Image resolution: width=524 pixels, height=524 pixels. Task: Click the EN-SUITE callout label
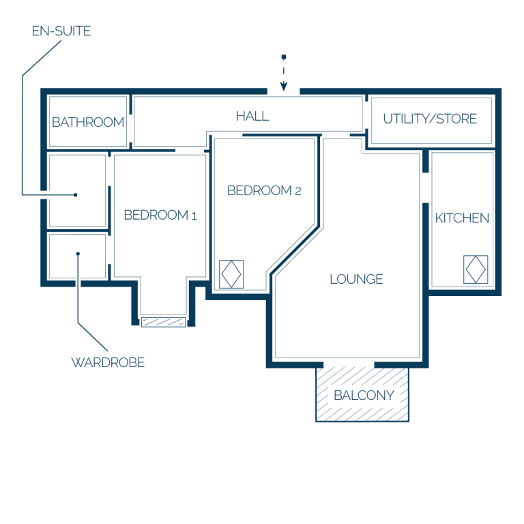pos(61,31)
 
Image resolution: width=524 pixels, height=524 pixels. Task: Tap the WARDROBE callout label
pos(108,362)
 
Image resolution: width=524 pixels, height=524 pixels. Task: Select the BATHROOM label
pos(88,122)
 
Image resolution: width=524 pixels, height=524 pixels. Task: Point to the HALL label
pos(252,116)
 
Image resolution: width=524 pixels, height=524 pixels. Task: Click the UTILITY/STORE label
pos(430,119)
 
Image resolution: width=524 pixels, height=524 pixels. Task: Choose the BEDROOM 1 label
pos(160,215)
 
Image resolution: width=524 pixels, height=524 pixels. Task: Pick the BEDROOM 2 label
pos(264,191)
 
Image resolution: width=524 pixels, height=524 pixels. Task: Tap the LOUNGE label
pos(356,279)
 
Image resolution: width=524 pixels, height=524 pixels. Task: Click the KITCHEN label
pos(462,218)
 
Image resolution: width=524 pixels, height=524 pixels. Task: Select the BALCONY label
pos(364,396)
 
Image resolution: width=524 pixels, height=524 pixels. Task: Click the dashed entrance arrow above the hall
pos(284,73)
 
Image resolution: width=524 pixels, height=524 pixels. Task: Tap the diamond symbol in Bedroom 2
pos(231,274)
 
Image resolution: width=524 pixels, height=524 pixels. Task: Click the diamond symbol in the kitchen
pos(476,270)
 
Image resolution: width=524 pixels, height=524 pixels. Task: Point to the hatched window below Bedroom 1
pos(164,322)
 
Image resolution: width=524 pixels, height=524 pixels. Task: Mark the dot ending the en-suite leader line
pos(76,195)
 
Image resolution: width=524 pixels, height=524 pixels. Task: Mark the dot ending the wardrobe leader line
pos(78,254)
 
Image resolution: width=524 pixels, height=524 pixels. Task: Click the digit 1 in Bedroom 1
pos(194,216)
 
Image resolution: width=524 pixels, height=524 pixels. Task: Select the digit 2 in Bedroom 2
pos(298,192)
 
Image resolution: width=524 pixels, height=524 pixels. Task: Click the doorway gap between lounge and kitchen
pos(426,188)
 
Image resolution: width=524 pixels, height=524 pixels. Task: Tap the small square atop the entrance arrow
pos(284,57)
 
